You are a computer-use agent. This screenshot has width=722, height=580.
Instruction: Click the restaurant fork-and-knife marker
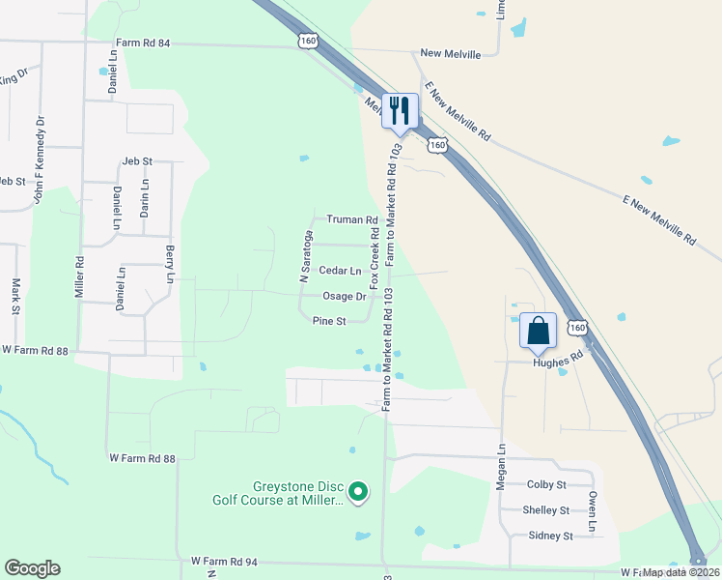[x=400, y=111]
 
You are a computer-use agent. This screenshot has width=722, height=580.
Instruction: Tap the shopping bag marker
[x=538, y=330]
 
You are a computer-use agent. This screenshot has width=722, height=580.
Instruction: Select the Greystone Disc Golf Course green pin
[x=358, y=493]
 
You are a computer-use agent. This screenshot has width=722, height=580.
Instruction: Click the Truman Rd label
[x=351, y=219]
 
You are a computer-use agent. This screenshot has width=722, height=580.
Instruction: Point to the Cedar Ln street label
[x=340, y=271]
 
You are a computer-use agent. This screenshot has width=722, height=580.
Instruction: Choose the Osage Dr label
[x=344, y=297]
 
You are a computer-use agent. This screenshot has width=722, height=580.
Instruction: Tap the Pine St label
[x=328, y=322]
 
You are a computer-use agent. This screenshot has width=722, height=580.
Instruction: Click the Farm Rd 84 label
[x=143, y=43]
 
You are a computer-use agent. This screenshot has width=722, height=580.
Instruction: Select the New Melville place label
[x=450, y=54]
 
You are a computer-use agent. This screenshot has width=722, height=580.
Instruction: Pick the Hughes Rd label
[x=559, y=355]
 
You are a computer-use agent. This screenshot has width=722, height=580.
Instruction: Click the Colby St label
[x=546, y=484]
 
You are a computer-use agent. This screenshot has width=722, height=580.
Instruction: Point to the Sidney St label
[x=551, y=536]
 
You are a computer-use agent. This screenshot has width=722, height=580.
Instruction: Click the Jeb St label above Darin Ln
[x=138, y=160]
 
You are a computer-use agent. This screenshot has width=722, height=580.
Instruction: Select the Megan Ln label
[x=501, y=467]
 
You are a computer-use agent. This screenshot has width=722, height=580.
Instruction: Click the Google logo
[x=32, y=568]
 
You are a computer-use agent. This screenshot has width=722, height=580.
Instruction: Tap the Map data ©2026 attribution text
[x=680, y=572]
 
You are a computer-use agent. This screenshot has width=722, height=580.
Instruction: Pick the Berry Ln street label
[x=169, y=264]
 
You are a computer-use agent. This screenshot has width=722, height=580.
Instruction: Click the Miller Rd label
[x=80, y=275]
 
